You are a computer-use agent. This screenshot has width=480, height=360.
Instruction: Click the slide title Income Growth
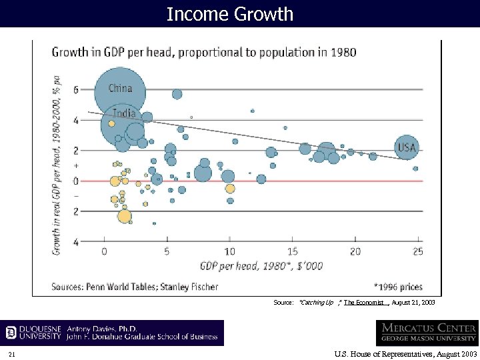click(230, 13)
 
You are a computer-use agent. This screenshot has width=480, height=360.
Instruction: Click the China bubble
click(119, 89)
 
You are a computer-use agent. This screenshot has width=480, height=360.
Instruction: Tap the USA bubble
click(407, 147)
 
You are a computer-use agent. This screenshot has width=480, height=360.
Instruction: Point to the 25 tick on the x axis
click(418, 251)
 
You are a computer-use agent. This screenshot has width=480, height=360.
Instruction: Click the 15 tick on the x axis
click(293, 251)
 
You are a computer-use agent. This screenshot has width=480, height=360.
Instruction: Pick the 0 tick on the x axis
click(104, 251)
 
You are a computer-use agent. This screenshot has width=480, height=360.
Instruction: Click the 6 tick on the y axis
click(75, 90)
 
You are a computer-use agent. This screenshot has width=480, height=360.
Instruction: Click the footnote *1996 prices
click(398, 287)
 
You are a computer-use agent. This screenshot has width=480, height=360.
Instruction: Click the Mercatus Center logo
click(426, 333)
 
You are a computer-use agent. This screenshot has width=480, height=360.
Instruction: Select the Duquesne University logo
click(34, 333)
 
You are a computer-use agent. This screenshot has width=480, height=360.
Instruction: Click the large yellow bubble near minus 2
click(124, 216)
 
